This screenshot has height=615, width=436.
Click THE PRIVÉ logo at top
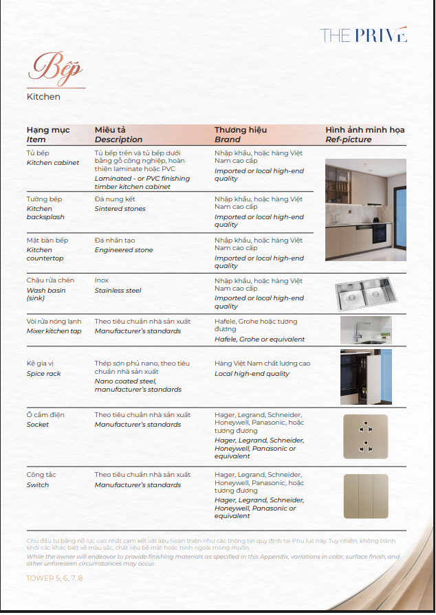tap(364, 35)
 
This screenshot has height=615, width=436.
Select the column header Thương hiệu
tap(240, 130)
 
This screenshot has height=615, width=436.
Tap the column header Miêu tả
tap(110, 130)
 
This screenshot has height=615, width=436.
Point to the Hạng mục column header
tap(43, 130)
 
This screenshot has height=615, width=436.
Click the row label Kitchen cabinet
tap(52, 163)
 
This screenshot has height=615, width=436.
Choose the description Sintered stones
tap(120, 209)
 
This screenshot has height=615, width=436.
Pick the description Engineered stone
tap(124, 250)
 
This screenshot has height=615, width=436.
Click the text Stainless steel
tap(118, 291)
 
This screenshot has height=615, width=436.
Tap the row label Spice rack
tap(44, 374)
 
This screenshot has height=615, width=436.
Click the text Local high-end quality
tap(252, 374)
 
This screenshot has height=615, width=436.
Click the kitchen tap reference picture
tap(365, 331)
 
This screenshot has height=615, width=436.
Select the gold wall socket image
tap(365, 436)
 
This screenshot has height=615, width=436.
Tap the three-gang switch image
tap(365, 496)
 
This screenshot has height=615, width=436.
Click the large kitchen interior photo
tap(365, 210)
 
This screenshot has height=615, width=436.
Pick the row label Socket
tap(38, 425)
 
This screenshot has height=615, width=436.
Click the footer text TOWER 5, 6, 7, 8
tap(54, 578)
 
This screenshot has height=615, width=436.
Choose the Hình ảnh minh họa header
tap(364, 130)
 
